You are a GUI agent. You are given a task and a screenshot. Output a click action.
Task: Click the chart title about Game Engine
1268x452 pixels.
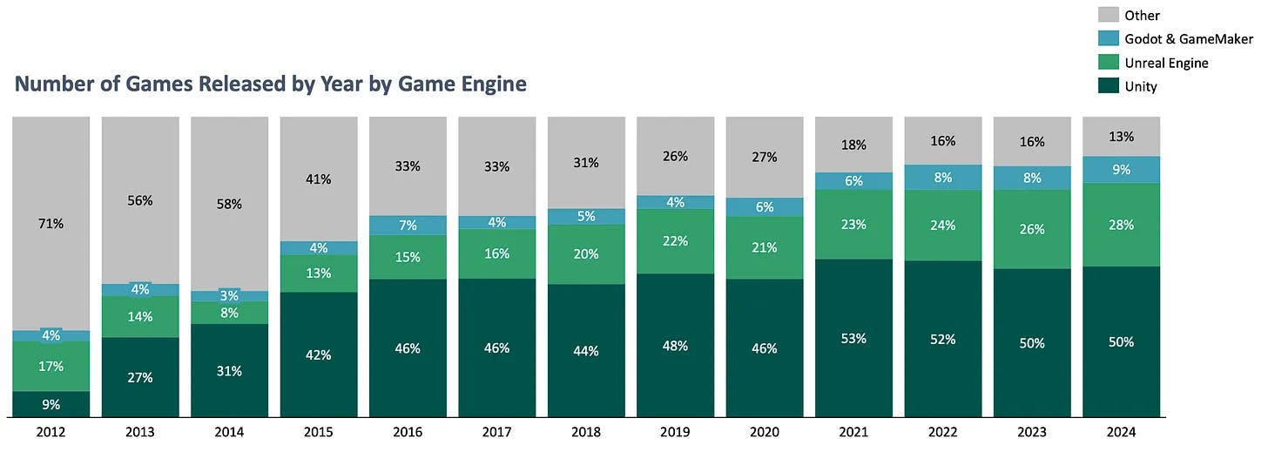click(x=271, y=84)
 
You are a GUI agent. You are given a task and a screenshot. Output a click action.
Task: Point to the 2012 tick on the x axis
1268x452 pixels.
click(x=51, y=432)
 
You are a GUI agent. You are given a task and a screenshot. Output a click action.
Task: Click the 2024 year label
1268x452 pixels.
click(x=1120, y=432)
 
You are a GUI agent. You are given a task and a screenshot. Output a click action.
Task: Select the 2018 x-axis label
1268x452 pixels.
click(x=585, y=432)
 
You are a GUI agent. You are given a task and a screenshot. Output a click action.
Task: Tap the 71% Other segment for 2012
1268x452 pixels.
click(x=51, y=223)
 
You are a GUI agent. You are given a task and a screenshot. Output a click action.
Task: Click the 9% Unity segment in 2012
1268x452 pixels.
click(x=51, y=404)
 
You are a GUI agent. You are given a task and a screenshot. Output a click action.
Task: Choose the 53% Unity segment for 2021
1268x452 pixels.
click(x=853, y=338)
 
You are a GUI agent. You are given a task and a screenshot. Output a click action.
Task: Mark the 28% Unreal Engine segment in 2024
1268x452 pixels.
click(x=1121, y=225)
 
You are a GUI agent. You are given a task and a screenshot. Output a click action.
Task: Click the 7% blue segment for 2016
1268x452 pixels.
click(x=408, y=226)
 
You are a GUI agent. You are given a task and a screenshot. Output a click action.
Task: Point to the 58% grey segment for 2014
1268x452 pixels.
click(x=229, y=204)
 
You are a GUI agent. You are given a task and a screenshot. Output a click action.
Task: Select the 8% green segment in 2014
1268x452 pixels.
click(x=229, y=313)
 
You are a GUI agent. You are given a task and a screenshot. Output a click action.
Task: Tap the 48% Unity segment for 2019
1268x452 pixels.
click(x=675, y=346)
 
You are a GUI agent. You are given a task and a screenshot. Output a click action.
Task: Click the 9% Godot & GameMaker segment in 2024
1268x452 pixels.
click(x=1121, y=170)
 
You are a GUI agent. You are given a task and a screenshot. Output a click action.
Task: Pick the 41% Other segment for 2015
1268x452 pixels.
click(x=318, y=179)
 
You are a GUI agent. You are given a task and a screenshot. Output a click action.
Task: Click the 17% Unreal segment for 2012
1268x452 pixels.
click(x=51, y=367)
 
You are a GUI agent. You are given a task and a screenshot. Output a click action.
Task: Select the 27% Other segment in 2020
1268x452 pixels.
click(x=764, y=158)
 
